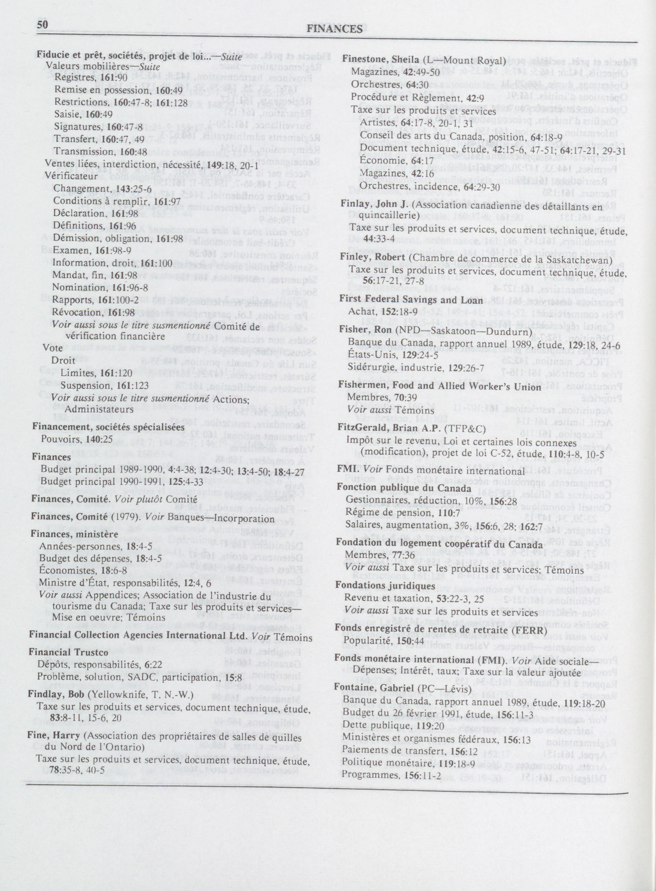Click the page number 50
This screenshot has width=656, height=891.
tap(42, 25)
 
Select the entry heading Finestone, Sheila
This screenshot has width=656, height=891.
tap(381, 60)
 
